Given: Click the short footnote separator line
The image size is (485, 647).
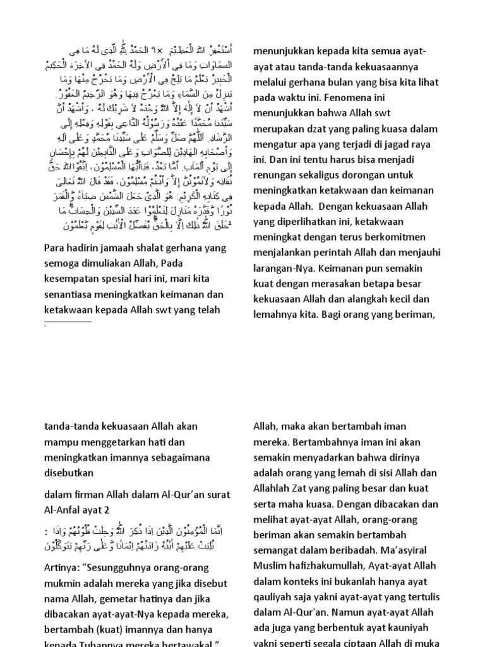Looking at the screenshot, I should pyautogui.click(x=68, y=322).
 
